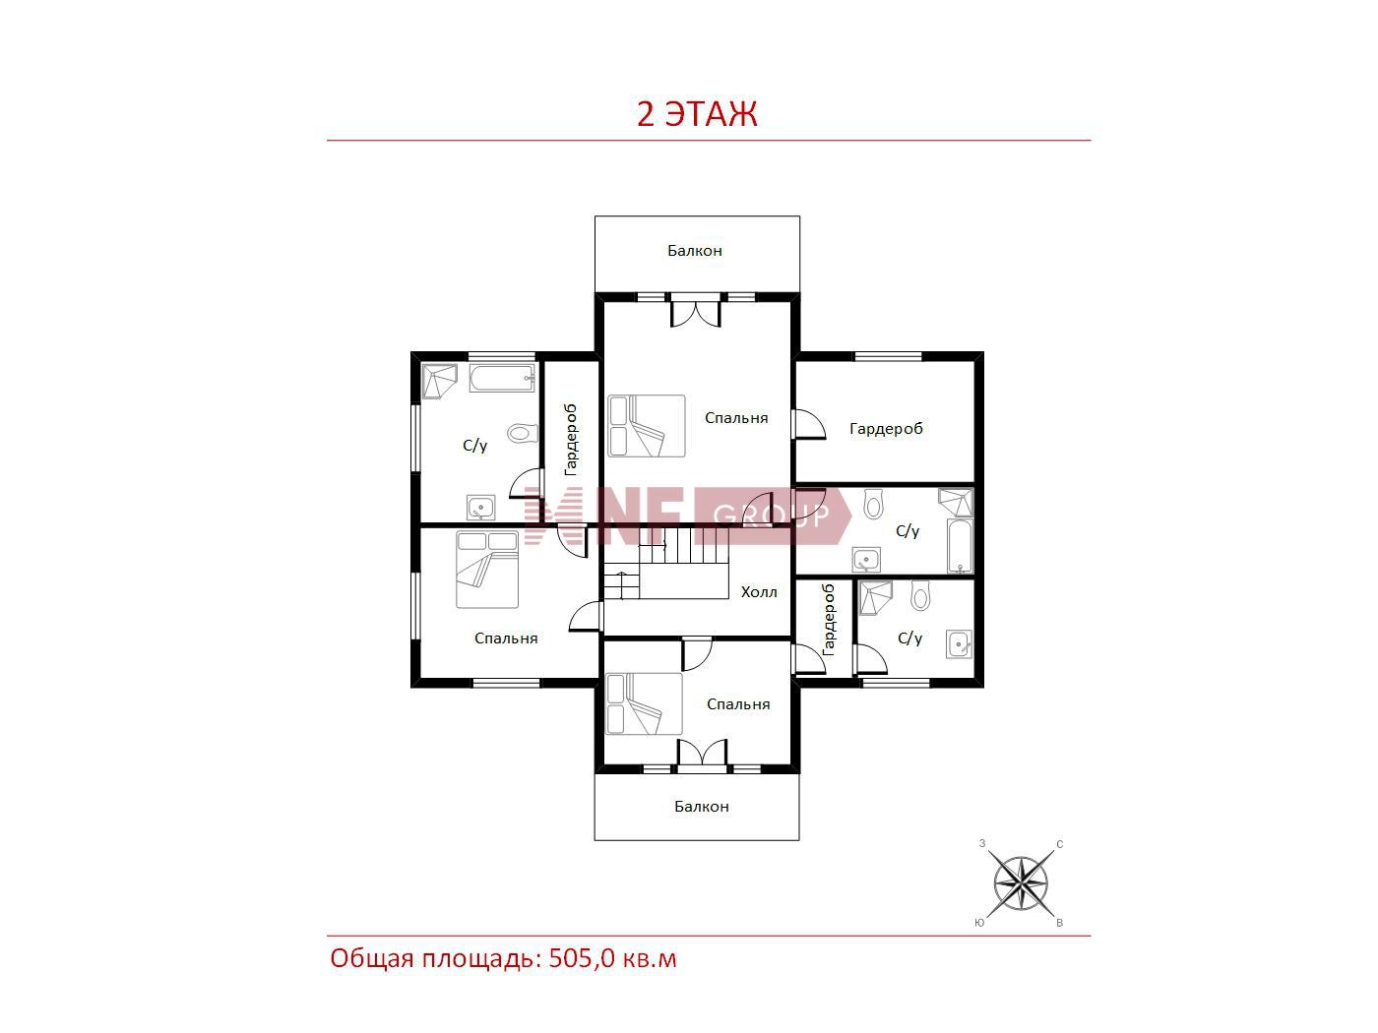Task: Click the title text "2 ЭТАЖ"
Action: pos(697,114)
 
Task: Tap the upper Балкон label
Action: pos(694,251)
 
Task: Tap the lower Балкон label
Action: pos(701,807)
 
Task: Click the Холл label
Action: pos(758,592)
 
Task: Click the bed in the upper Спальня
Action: pos(646,426)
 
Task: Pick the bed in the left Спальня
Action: pos(487,570)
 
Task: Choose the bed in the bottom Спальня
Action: pos(644,703)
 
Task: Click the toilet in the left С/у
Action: pos(523,434)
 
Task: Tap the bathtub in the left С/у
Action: pos(502,378)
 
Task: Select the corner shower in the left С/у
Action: pos(439,381)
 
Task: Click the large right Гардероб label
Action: pos(886,429)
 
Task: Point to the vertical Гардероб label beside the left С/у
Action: pos(571,441)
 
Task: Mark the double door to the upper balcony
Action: pos(695,310)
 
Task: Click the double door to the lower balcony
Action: pos(702,754)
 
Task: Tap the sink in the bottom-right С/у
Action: pos(959,644)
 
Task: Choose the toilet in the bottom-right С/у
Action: pos(919,596)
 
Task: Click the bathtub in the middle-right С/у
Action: pos(960,546)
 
